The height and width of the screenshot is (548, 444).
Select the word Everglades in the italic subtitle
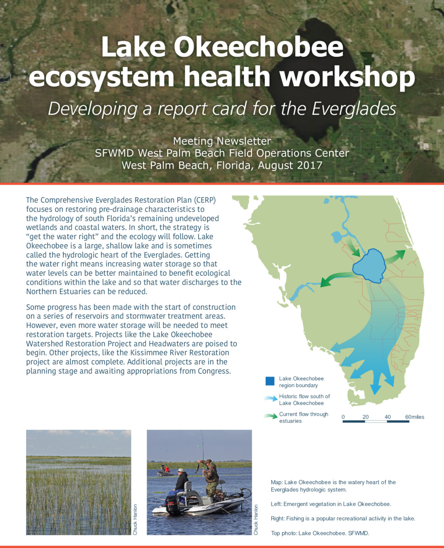click(x=353, y=108)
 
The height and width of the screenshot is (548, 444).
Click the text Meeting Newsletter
click(x=222, y=141)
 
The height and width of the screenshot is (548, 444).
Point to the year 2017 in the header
click(x=309, y=165)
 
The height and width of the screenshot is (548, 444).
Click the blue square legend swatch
click(x=270, y=381)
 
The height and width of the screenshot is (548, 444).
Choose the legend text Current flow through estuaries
click(x=303, y=417)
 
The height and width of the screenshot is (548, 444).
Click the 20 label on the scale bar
click(x=365, y=417)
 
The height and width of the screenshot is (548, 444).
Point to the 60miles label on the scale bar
click(x=414, y=417)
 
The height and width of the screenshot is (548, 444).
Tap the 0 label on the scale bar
click(x=343, y=417)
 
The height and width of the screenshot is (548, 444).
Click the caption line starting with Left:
click(x=330, y=504)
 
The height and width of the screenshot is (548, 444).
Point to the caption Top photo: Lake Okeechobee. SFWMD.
click(x=320, y=533)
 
